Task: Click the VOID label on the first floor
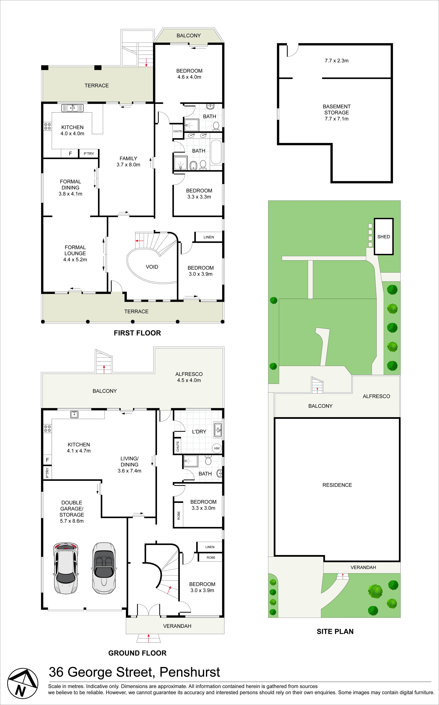pyautogui.click(x=152, y=267)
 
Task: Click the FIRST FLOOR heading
pyautogui.click(x=137, y=333)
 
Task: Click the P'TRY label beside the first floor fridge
pyautogui.click(x=89, y=154)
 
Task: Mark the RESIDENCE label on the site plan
pyautogui.click(x=337, y=485)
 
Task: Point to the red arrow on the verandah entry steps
pyautogui.click(x=149, y=638)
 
